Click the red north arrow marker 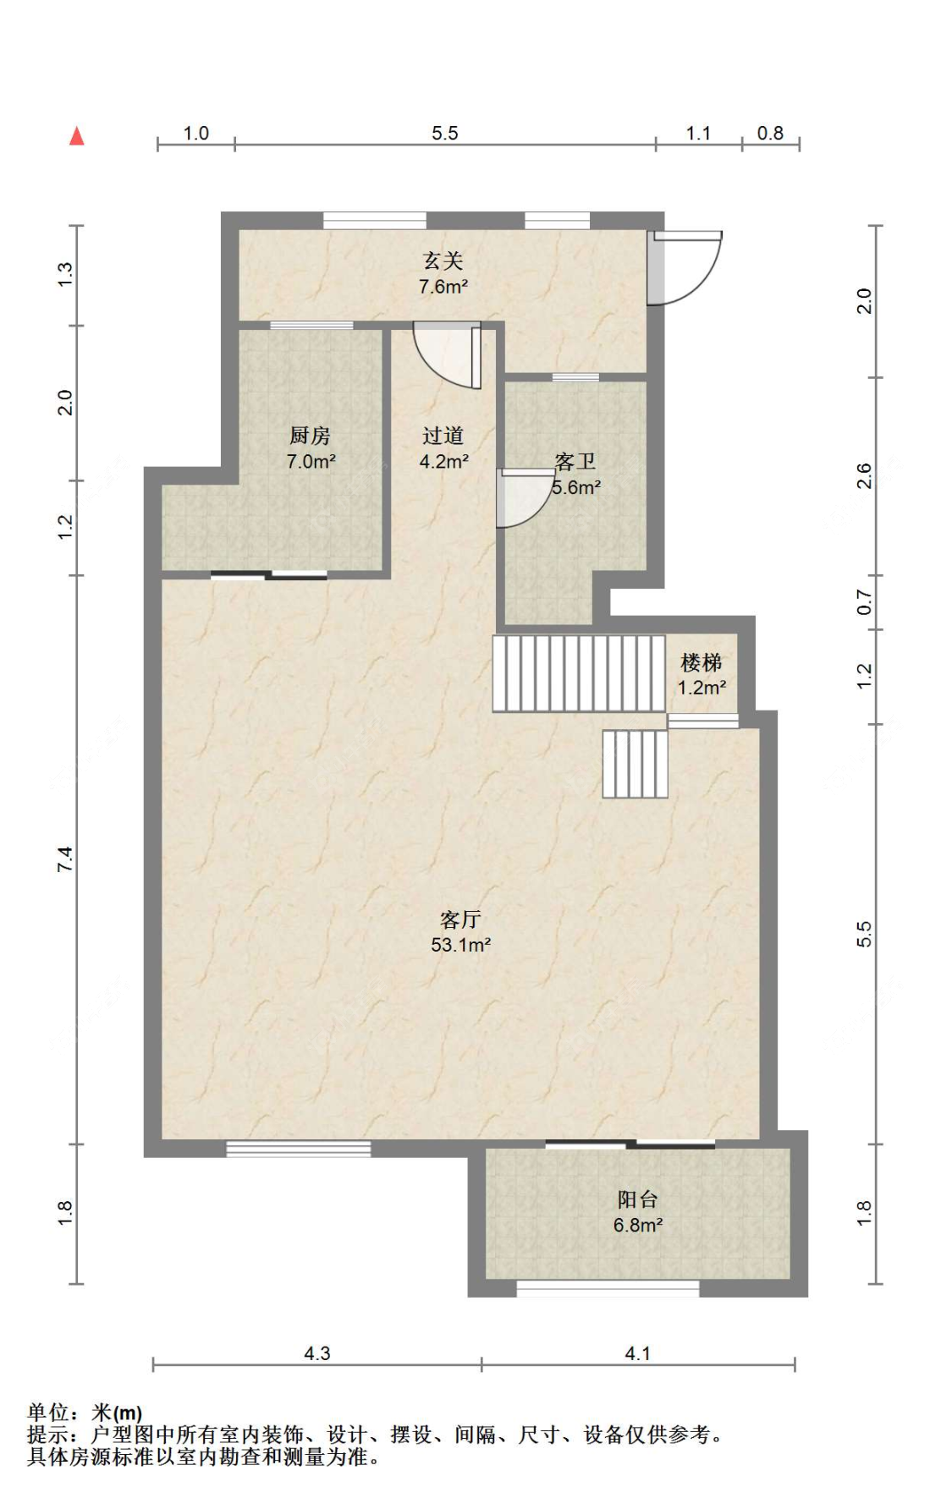click(x=77, y=135)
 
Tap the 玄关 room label click(x=443, y=261)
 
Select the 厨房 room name click(x=310, y=436)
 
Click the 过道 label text click(x=443, y=436)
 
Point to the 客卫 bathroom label click(x=575, y=461)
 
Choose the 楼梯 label click(x=702, y=662)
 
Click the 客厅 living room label click(x=460, y=919)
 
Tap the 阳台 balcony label click(x=637, y=1199)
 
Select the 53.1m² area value click(x=460, y=945)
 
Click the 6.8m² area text click(x=638, y=1225)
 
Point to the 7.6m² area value click(x=443, y=287)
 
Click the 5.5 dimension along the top click(x=444, y=133)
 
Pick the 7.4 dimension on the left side click(x=65, y=859)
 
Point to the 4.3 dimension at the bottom click(x=317, y=1353)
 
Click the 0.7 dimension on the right click(x=864, y=602)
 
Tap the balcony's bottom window click(x=608, y=1289)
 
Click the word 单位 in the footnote click(x=48, y=1412)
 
